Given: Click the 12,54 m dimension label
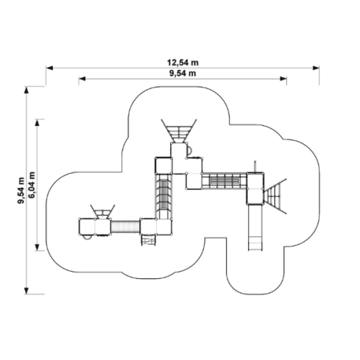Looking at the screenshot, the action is pyautogui.click(x=183, y=62).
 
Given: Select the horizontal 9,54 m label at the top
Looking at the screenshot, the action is pyautogui.click(x=183, y=73).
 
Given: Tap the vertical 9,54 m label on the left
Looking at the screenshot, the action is pyautogui.click(x=20, y=191).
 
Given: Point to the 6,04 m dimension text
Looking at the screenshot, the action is pyautogui.click(x=32, y=185).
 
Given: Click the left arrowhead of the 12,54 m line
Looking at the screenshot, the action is pyautogui.click(x=50, y=68).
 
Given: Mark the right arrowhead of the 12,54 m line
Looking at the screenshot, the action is pyautogui.click(x=316, y=68).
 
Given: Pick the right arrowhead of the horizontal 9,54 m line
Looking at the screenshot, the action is pyautogui.click(x=284, y=79).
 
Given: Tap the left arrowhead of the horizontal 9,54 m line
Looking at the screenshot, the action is pyautogui.click(x=82, y=79).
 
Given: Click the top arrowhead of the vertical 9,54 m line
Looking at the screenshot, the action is pyautogui.click(x=26, y=90).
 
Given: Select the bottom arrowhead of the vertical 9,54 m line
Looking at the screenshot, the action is pyautogui.click(x=26, y=291).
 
